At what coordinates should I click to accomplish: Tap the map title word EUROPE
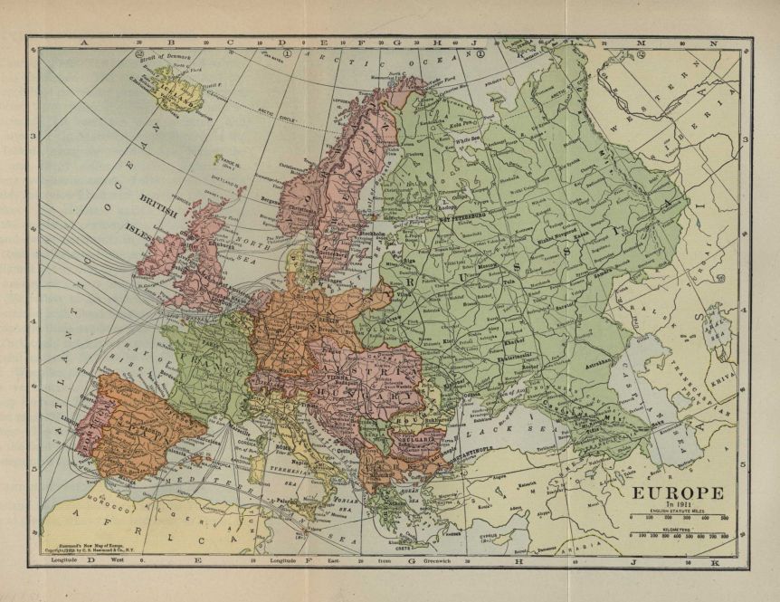pyautogui.click(x=671, y=493)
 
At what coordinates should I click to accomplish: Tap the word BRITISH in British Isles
pyautogui.click(x=158, y=196)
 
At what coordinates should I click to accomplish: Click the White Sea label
pyautogui.click(x=469, y=140)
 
